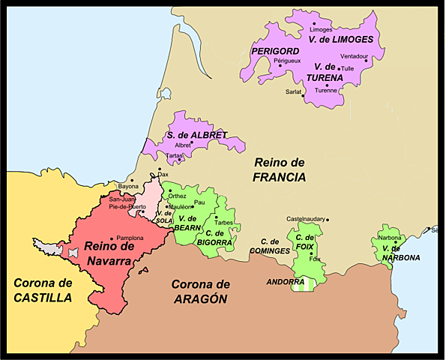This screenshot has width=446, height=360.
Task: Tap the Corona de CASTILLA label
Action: coord(43,290)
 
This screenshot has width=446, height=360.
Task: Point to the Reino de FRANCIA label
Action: coord(279,169)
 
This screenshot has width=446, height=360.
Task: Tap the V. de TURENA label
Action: coord(330,72)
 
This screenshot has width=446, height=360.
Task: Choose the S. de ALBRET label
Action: coord(197,135)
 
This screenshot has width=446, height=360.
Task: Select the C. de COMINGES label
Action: coord(270,245)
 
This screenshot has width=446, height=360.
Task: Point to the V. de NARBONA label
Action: coord(400,253)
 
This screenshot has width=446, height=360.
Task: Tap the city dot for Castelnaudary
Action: coord(327,220)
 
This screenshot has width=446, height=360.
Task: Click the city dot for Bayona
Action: coord(131,181)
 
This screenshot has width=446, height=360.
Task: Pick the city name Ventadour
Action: coord(354,55)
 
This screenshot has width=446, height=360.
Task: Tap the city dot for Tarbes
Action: coord(216,216)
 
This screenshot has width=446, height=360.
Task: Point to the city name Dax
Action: coord(163,175)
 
